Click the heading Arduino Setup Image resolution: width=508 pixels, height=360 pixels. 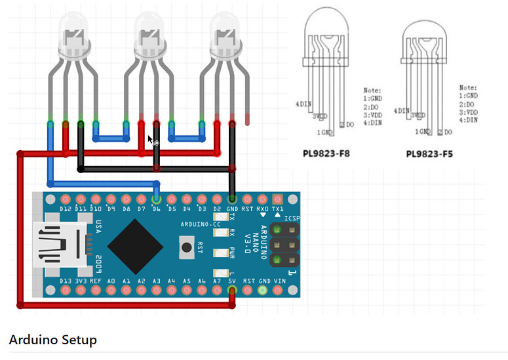[x=52, y=340]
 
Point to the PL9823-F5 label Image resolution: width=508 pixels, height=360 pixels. [x=429, y=155]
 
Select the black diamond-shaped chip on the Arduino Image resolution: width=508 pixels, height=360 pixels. [x=135, y=247]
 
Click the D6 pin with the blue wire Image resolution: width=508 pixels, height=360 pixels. [x=156, y=199]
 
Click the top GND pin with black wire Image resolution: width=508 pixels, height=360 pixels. [x=232, y=199]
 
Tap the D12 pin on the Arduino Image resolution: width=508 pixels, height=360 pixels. [x=66, y=199]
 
